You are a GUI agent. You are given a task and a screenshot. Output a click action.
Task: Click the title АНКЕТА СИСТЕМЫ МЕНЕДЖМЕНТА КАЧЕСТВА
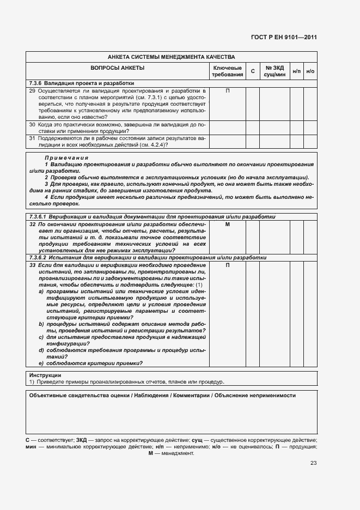click(171, 57)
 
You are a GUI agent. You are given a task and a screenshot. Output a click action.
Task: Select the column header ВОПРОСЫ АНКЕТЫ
click(117, 68)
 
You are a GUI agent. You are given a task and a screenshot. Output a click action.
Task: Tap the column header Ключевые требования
click(227, 71)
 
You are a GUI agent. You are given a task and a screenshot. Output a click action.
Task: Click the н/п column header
click(296, 71)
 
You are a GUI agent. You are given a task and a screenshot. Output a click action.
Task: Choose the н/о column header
click(310, 71)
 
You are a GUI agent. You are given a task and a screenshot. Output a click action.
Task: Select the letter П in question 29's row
click(227, 90)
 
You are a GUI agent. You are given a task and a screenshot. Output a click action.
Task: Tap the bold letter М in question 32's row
click(227, 224)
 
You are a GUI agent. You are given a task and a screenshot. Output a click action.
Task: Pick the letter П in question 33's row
click(227, 265)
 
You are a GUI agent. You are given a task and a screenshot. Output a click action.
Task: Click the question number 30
click(32, 125)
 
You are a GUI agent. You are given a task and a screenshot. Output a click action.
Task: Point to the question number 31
click(32, 138)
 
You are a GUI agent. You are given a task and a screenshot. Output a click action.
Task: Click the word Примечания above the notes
click(68, 157)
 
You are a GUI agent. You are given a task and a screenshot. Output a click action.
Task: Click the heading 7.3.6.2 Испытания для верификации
click(148, 257)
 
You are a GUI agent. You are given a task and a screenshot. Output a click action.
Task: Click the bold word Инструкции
click(45, 375)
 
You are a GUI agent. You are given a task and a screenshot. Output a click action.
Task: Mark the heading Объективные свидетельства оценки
click(162, 396)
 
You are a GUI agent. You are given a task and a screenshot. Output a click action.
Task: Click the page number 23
click(313, 463)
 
